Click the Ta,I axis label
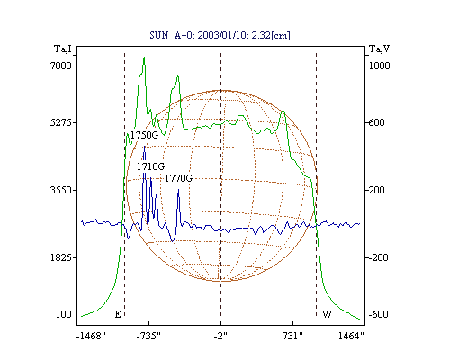point(63,49)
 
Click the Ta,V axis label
point(379,49)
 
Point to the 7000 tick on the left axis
point(61,66)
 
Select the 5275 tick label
point(61,122)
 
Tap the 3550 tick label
point(61,190)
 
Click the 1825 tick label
point(61,257)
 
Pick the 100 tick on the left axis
point(64,314)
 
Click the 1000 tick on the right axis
point(379,66)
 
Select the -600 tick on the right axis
point(378,314)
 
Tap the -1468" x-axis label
point(91,336)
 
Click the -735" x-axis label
point(148,336)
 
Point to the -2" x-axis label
point(220,336)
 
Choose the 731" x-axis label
point(292,336)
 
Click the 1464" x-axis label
point(351,336)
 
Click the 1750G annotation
point(144,135)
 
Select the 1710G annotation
point(151,166)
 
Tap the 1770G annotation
point(178,178)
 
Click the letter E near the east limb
point(118,314)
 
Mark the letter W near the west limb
point(327,314)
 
